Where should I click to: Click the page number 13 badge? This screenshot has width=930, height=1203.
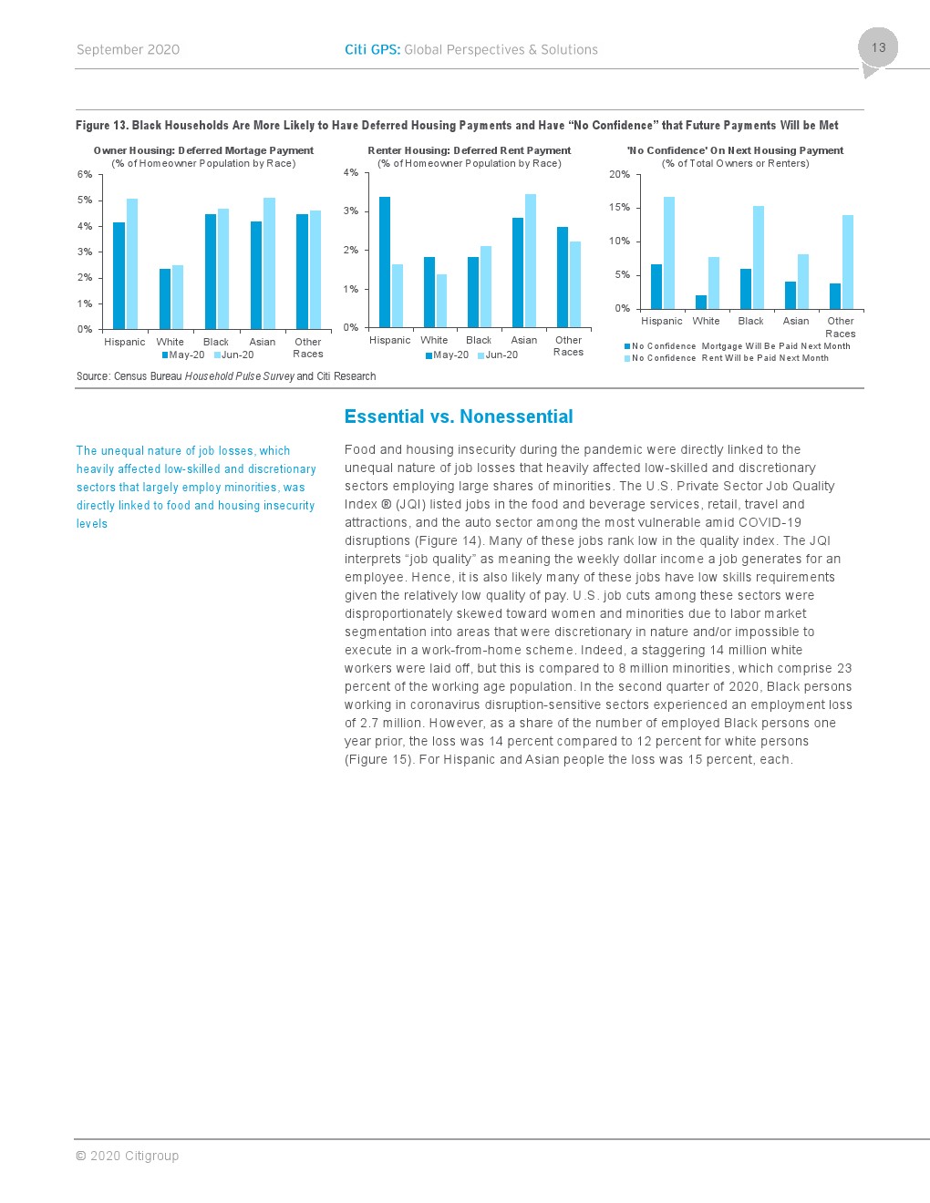pyautogui.click(x=878, y=48)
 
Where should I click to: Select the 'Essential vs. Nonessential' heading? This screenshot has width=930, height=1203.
pyautogui.click(x=459, y=416)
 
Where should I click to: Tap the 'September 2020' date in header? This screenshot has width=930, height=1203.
pyautogui.click(x=128, y=50)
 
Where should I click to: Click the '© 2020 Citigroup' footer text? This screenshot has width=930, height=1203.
pyautogui.click(x=127, y=1156)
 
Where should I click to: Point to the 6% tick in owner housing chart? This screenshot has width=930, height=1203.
pyautogui.click(x=85, y=174)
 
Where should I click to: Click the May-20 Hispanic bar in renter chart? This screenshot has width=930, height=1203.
pyautogui.click(x=385, y=262)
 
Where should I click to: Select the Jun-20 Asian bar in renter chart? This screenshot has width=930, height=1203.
pyautogui.click(x=531, y=261)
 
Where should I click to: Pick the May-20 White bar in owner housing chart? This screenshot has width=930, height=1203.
pyautogui.click(x=165, y=299)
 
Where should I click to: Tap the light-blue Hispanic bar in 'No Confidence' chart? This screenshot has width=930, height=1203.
pyautogui.click(x=669, y=252)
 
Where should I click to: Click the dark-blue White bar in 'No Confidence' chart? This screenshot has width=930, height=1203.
pyautogui.click(x=701, y=302)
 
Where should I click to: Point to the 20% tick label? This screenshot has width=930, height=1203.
pyautogui.click(x=619, y=174)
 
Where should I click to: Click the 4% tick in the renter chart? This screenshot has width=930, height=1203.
pyautogui.click(x=351, y=172)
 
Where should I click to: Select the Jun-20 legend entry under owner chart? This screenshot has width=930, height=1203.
pyautogui.click(x=234, y=355)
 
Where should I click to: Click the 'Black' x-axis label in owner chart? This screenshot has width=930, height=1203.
pyautogui.click(x=216, y=343)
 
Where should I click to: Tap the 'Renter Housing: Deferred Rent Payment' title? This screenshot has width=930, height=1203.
pyautogui.click(x=469, y=150)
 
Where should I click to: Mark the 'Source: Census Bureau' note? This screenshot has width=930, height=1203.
pyautogui.click(x=226, y=376)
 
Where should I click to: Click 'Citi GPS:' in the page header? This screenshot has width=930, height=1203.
pyautogui.click(x=372, y=50)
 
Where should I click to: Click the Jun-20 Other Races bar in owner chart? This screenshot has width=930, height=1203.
pyautogui.click(x=315, y=270)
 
